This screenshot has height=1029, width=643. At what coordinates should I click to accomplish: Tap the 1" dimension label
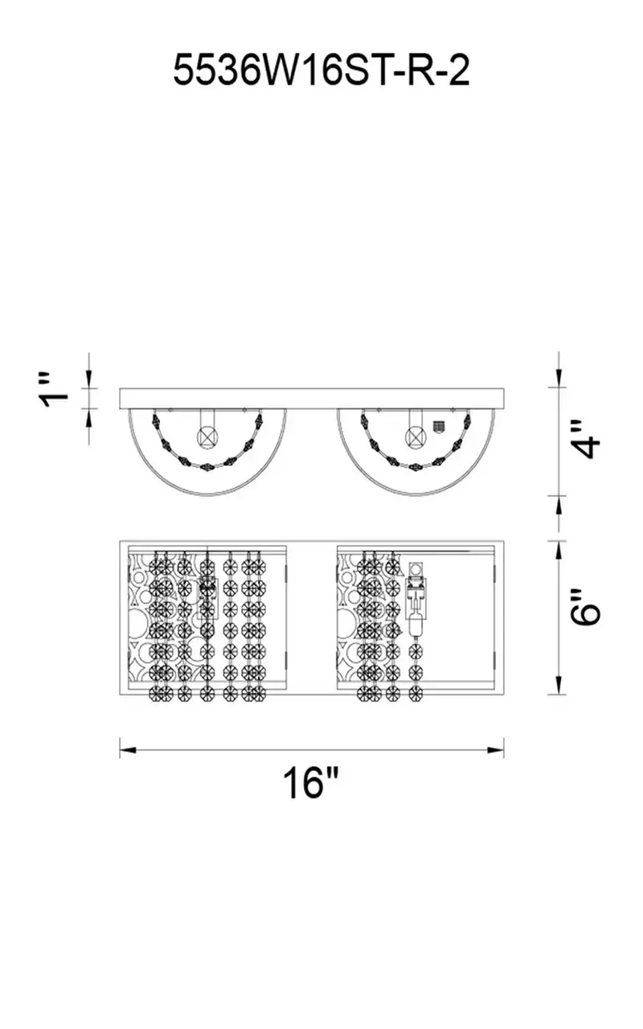(54, 393)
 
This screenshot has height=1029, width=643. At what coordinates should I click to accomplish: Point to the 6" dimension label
(586, 606)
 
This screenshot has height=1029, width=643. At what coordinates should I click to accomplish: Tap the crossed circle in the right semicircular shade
(416, 435)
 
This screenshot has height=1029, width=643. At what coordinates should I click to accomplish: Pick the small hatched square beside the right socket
(439, 425)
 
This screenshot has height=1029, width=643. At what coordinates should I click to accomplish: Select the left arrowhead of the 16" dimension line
(128, 750)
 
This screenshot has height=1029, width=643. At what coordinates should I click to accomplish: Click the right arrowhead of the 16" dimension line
(496, 750)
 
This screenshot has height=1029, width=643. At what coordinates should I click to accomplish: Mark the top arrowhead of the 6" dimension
(559, 549)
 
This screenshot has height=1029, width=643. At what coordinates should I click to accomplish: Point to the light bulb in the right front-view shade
(416, 623)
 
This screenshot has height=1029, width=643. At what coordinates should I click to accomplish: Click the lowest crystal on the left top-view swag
(207, 467)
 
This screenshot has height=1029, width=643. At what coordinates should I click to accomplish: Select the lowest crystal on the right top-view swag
(416, 466)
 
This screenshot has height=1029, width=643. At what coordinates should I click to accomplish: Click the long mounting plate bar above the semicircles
(312, 398)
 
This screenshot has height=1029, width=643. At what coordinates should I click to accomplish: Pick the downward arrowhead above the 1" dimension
(88, 379)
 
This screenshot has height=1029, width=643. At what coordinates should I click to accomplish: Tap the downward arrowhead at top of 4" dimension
(559, 379)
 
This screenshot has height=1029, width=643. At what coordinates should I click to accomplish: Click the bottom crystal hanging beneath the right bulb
(416, 694)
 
